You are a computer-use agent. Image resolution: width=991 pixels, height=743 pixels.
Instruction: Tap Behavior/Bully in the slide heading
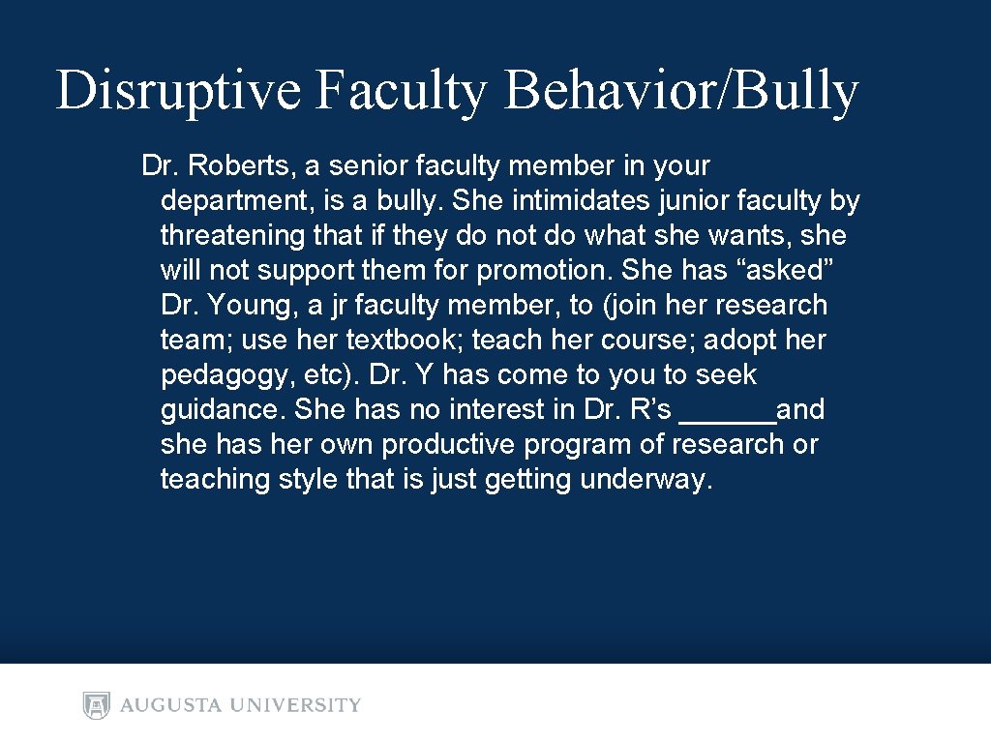coord(681,92)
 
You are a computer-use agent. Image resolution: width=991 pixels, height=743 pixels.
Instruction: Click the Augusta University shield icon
coord(97,704)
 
